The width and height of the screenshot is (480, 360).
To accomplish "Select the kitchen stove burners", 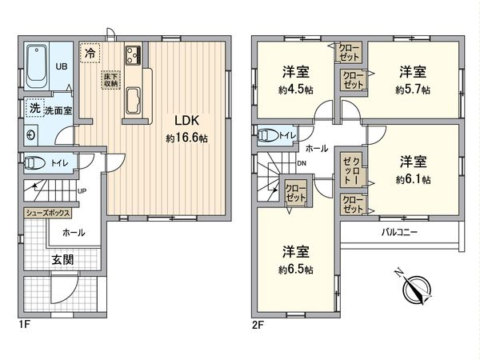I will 132,56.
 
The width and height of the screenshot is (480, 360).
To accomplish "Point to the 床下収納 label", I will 110,80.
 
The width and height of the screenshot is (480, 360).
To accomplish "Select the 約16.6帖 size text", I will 186,138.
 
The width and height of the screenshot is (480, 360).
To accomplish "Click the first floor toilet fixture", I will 35,163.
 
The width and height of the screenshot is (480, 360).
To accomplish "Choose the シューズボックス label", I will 47,214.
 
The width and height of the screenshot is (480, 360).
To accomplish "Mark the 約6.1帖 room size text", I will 412,178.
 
